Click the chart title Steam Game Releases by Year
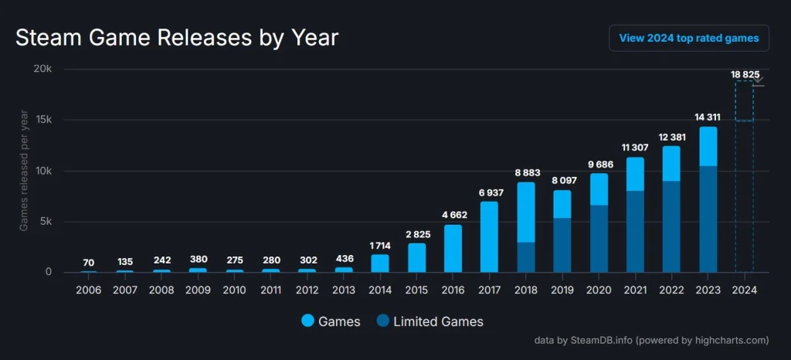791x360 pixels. click(177, 37)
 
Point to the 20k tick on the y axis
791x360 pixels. click(41, 69)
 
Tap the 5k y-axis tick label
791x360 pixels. click(44, 222)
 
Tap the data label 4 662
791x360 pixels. click(453, 216)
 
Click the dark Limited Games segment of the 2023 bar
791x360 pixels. click(708, 219)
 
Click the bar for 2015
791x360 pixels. click(416, 257)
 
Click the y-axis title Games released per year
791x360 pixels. click(24, 171)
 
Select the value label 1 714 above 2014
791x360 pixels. click(380, 246)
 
